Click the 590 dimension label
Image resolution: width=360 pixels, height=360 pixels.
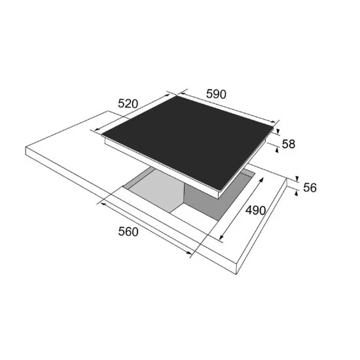coord(216,94)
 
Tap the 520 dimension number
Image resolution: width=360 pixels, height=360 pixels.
coord(128,103)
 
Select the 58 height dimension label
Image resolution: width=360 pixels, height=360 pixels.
coord(289,144)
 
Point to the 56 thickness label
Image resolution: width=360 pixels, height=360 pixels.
coord(310,188)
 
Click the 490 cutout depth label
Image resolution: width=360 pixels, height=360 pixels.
coord(255,210)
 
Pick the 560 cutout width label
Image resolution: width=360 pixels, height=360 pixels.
coord(128,232)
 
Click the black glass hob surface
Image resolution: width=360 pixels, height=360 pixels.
coord(187,142)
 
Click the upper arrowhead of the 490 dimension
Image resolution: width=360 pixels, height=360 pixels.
coord(262,179)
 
